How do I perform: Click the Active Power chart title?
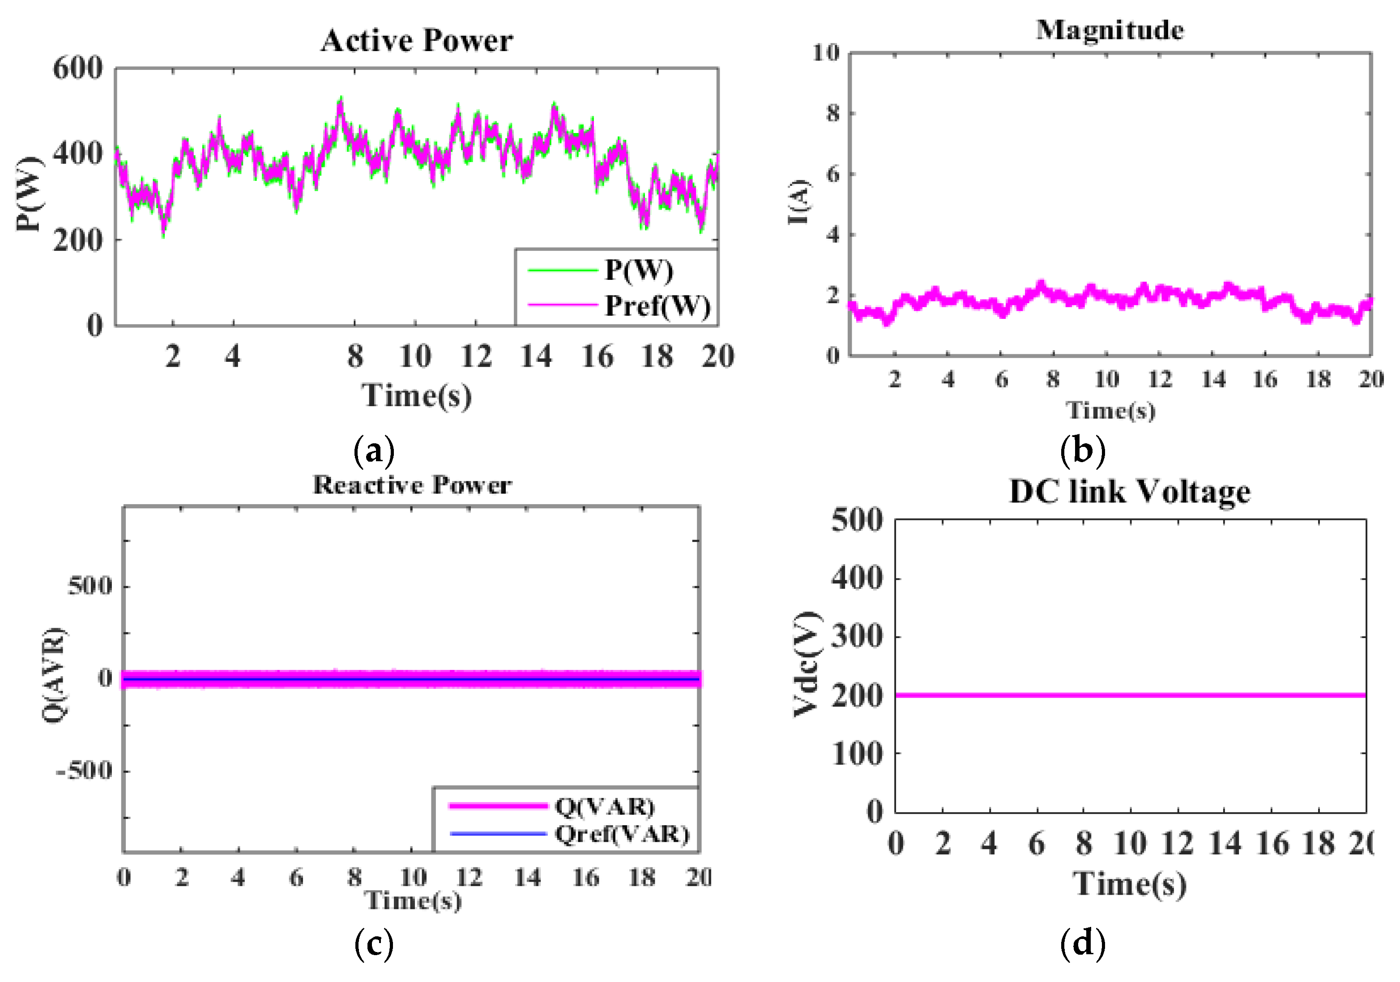coord(417,41)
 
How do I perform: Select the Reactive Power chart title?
coord(412,485)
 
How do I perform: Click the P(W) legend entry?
coord(638,270)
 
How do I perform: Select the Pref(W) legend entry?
coord(657,305)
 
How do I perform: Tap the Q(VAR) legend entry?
coord(604,806)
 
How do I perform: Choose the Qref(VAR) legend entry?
coord(621,834)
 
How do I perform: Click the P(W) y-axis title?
coord(29,194)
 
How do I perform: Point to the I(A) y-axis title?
coord(799,202)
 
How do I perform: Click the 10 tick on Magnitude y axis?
coord(826,53)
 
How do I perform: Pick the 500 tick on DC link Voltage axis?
coord(857,520)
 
